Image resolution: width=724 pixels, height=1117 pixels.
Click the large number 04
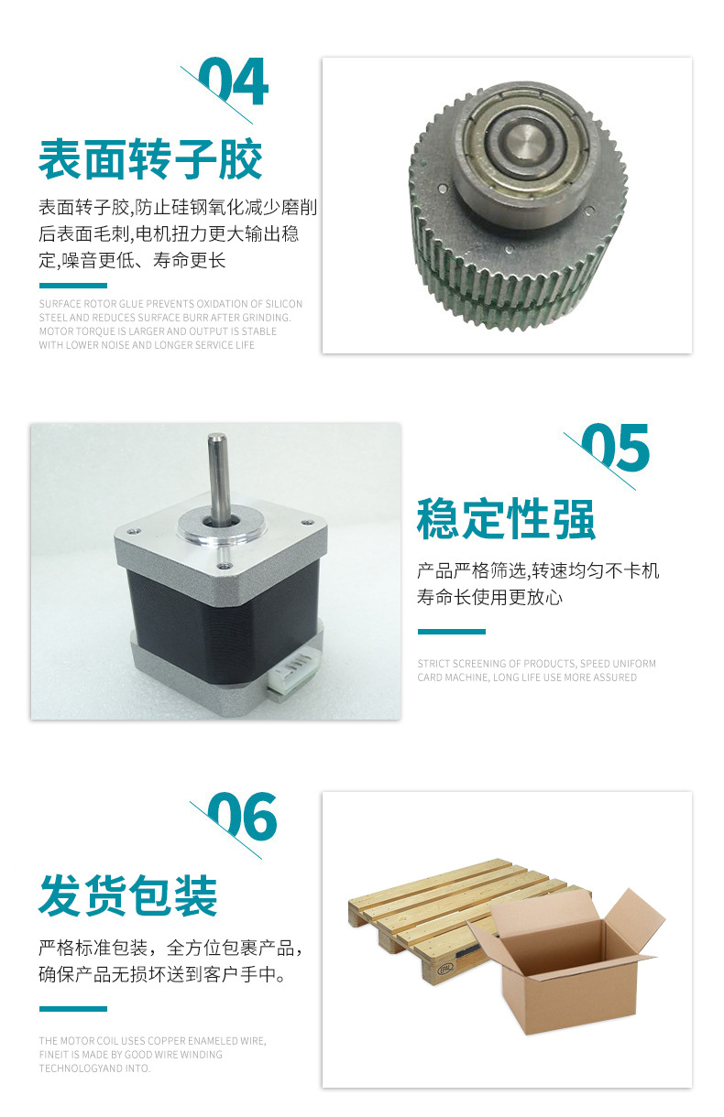click(234, 81)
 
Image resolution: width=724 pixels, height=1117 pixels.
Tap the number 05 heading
click(616, 448)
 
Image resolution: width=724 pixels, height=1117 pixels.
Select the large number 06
click(242, 817)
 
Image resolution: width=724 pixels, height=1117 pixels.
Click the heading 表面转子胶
click(150, 159)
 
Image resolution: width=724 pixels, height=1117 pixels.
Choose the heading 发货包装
click(127, 895)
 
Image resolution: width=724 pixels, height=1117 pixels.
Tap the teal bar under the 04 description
click(73, 286)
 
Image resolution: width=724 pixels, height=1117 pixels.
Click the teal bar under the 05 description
click(452, 632)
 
